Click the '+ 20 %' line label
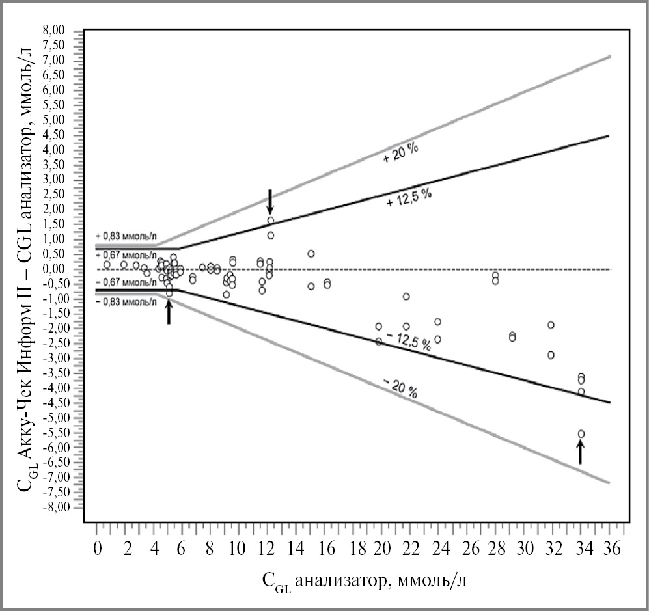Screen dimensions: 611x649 pyautogui.click(x=400, y=154)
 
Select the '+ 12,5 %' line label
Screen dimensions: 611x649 pyautogui.click(x=409, y=196)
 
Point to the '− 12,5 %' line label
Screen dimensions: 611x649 pyautogui.click(x=409, y=342)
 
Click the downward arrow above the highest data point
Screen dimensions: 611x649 pyautogui.click(x=270, y=202)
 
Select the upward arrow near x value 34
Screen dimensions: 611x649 pyautogui.click(x=581, y=451)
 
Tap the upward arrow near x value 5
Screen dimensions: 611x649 pyautogui.click(x=169, y=312)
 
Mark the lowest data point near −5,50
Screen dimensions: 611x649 pyautogui.click(x=581, y=434)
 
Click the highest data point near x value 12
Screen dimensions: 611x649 pyautogui.click(x=270, y=221)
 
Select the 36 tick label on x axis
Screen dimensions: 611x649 pyautogui.click(x=609, y=549)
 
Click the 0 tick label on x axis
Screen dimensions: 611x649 pyautogui.click(x=97, y=549)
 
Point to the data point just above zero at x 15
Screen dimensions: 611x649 pyautogui.click(x=311, y=254)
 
